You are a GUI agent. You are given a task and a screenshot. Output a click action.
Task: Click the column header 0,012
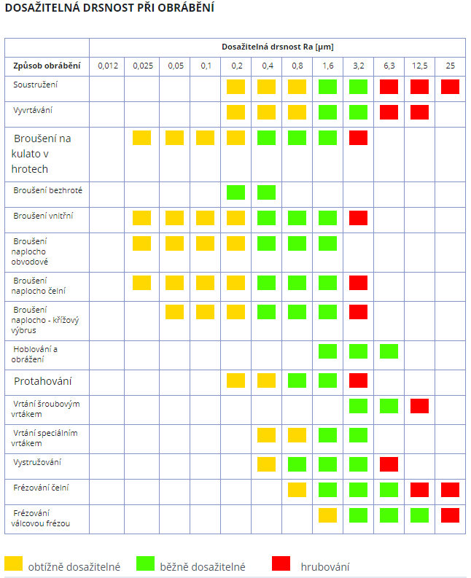click(107, 66)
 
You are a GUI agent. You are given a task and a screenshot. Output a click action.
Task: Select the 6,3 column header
click(389, 66)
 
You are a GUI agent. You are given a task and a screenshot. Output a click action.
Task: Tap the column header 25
click(450, 66)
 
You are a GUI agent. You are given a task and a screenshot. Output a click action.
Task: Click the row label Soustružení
click(36, 85)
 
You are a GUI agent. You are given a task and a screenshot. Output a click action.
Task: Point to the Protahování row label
click(43, 381)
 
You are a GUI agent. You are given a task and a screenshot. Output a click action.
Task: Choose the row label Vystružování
click(37, 463)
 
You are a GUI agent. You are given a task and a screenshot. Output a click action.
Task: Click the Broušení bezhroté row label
click(47, 190)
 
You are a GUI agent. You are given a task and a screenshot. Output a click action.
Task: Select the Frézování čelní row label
click(42, 487)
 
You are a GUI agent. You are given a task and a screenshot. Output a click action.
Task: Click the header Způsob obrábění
click(46, 66)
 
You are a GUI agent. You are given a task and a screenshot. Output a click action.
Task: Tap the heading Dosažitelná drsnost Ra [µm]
click(278, 47)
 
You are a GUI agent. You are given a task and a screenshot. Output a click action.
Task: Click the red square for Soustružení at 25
click(450, 87)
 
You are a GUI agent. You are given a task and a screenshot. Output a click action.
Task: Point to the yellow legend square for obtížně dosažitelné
click(14, 563)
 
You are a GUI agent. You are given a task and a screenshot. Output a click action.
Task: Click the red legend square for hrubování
click(281, 563)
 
